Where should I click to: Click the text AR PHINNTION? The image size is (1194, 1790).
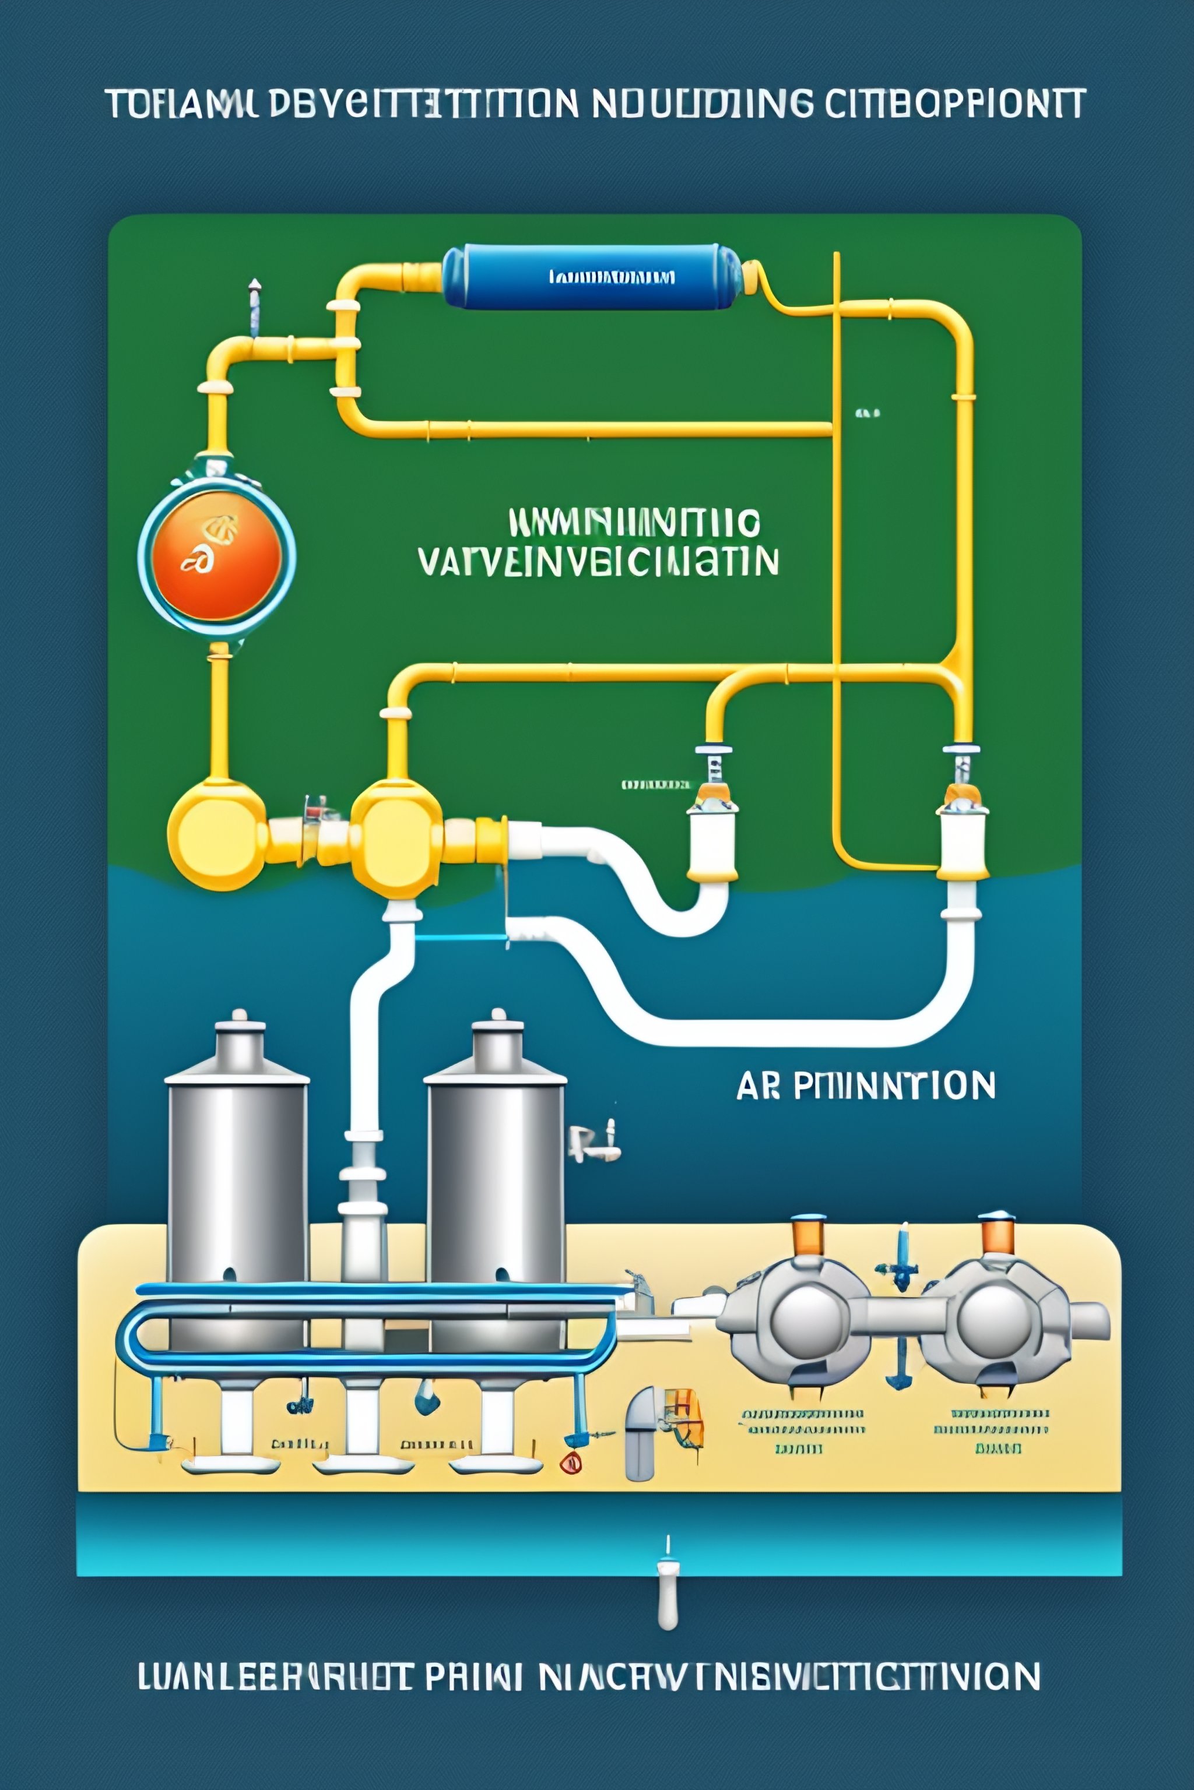point(866,1086)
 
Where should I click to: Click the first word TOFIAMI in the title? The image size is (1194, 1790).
point(184,104)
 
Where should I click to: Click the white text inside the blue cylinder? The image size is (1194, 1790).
point(612,277)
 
